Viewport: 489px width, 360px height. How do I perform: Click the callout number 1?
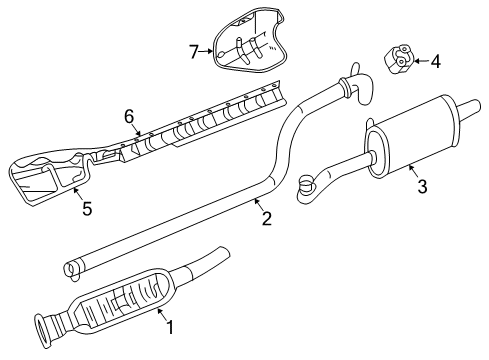click(169, 325)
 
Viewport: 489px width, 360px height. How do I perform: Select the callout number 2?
click(265, 217)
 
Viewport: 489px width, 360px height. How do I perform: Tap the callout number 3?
click(422, 185)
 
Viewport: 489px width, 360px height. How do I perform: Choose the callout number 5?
click(86, 210)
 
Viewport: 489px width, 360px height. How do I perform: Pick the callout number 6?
click(129, 117)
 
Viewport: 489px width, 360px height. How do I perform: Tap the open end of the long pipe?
click(70, 267)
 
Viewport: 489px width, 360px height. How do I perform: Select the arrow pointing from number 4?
click(421, 62)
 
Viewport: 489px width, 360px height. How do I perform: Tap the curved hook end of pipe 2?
click(354, 80)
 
